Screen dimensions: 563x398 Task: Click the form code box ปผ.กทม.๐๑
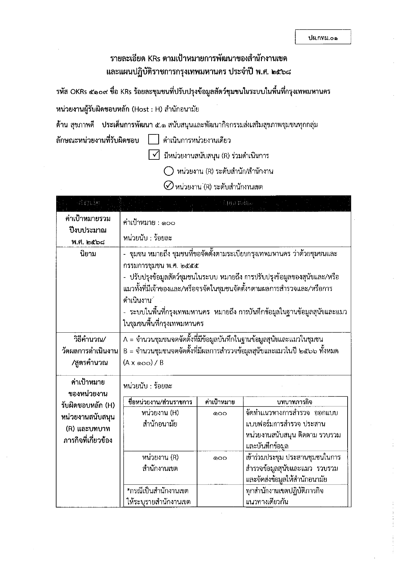point(323,37)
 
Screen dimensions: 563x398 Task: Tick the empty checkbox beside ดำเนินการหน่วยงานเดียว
point(154,140)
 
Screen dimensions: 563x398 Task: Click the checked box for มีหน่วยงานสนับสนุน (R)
point(154,155)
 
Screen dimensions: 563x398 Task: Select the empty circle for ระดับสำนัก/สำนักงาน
point(169,171)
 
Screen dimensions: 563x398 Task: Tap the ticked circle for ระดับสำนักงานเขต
point(169,186)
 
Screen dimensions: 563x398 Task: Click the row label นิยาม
point(88,254)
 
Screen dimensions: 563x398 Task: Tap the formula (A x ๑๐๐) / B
point(143,363)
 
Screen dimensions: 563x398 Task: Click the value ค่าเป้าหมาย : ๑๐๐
point(149,223)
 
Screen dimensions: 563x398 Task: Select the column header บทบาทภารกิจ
point(295,402)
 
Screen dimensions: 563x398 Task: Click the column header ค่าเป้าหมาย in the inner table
point(220,402)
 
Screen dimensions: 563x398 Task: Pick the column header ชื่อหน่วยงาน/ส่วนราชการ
point(160,402)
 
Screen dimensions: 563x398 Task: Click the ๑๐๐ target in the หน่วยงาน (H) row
point(220,414)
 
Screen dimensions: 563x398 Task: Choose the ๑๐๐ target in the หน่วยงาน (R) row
point(220,458)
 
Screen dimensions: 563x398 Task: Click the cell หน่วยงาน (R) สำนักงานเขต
point(160,463)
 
